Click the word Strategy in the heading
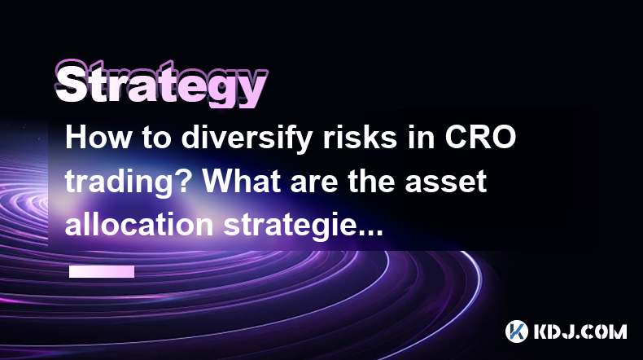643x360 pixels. (161, 84)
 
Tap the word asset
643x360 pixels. (445, 182)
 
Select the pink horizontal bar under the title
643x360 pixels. (102, 271)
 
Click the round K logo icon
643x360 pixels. (517, 331)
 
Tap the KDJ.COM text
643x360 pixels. (580, 331)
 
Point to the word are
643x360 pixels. (314, 184)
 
